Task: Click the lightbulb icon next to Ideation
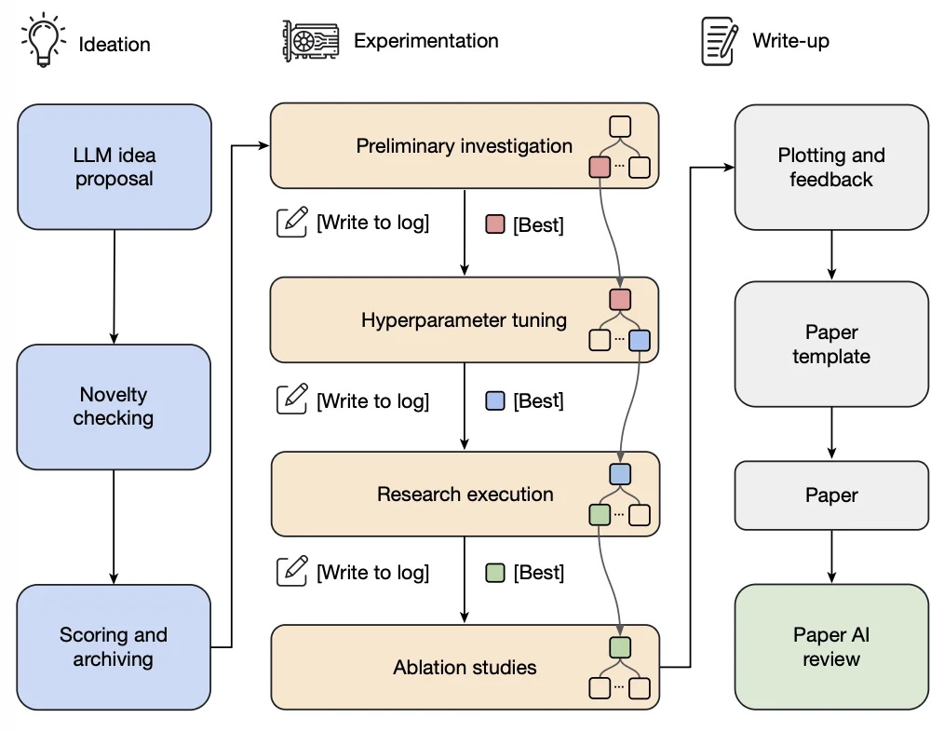coord(44,40)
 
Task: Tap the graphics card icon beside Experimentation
coord(311,41)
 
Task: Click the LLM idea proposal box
coord(115,167)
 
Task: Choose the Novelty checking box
coord(114,407)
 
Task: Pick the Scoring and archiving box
coord(114,647)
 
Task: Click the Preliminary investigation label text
coord(465,146)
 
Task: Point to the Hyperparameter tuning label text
coord(465,320)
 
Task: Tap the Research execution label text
coord(465,494)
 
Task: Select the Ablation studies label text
coord(465,667)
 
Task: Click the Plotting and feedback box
coord(831,168)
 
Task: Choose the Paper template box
coord(831,344)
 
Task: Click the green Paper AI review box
coord(831,647)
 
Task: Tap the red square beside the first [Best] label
coord(495,224)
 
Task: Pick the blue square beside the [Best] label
coord(495,400)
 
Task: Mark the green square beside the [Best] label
coord(495,573)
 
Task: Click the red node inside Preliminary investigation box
coord(600,167)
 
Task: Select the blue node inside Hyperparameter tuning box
coord(640,341)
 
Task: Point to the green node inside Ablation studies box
coord(620,647)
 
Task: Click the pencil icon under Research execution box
coord(292,571)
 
